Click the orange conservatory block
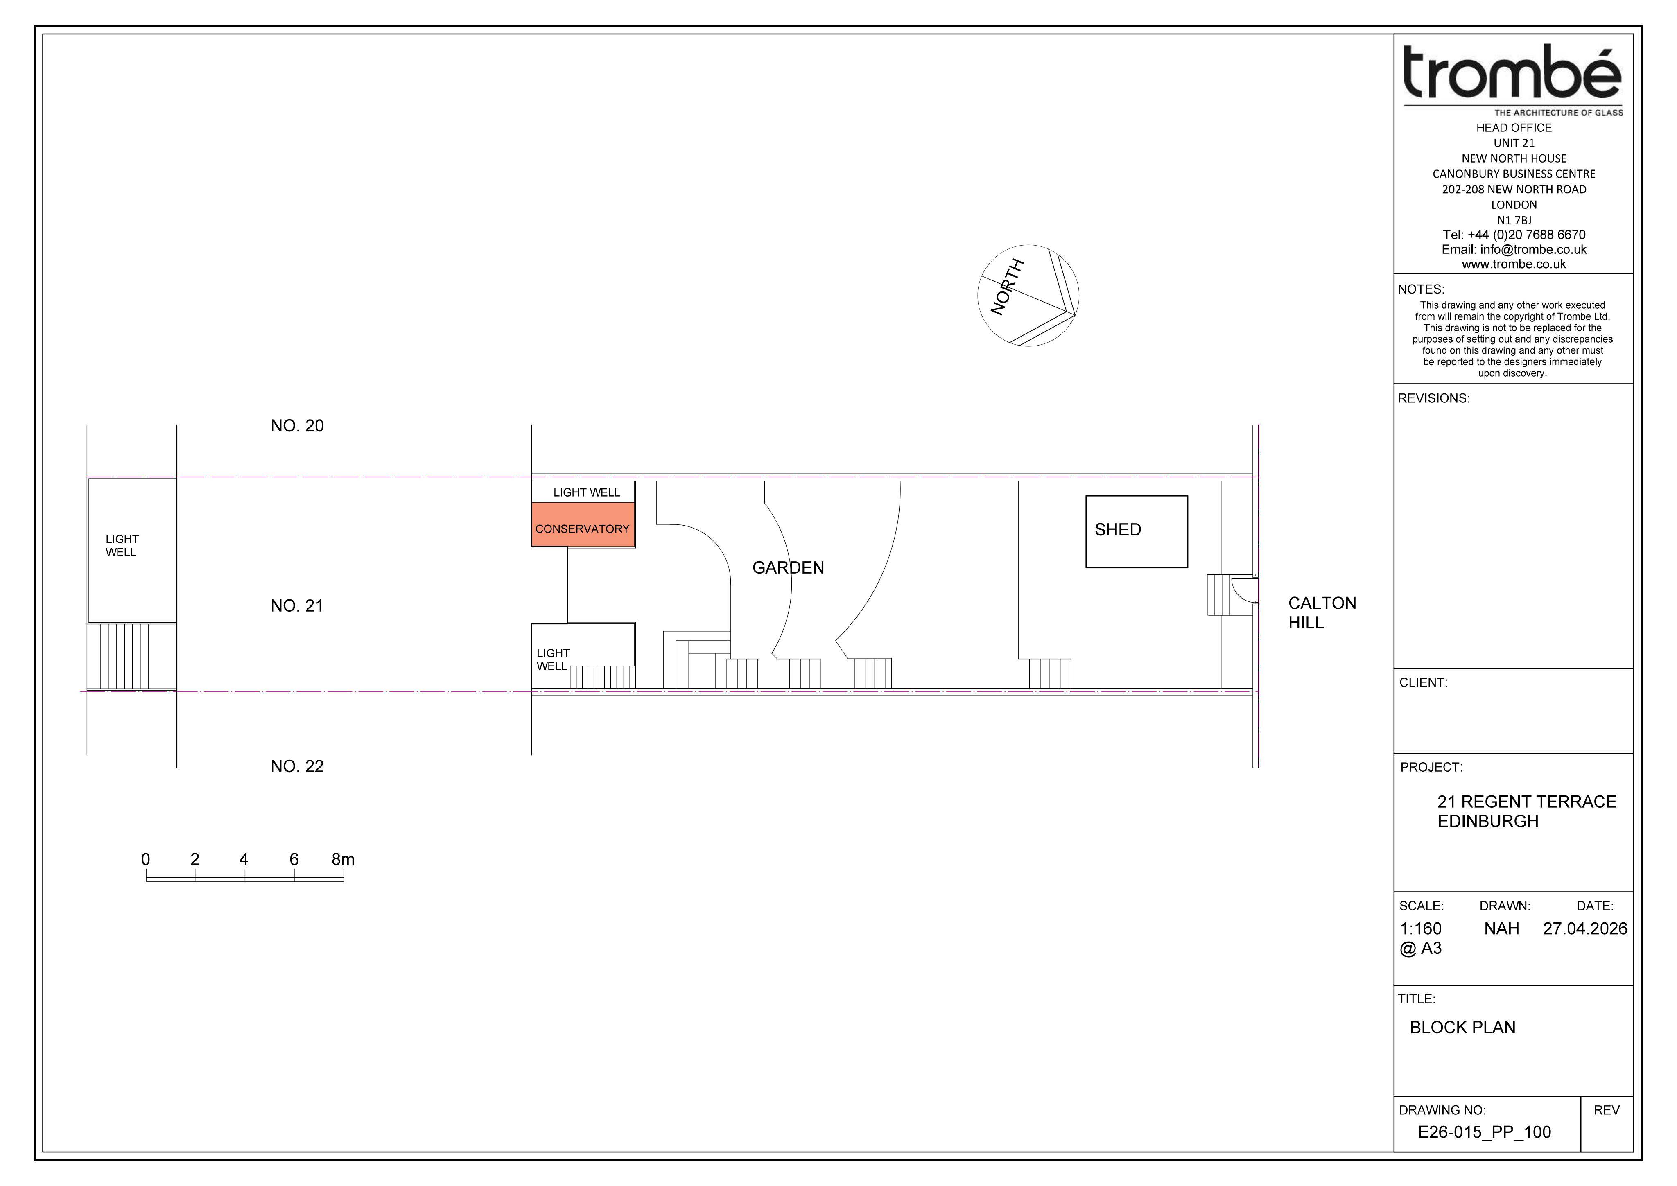click(x=583, y=524)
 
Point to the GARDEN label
click(x=788, y=567)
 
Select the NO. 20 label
click(x=297, y=426)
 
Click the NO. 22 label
click(x=297, y=766)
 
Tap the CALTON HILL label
click(x=1322, y=613)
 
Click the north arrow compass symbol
click(x=1028, y=296)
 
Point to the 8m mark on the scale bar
click(x=343, y=860)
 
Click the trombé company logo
click(x=1513, y=79)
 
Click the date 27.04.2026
click(x=1585, y=929)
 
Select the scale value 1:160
click(x=1421, y=929)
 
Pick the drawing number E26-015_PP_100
click(x=1484, y=1132)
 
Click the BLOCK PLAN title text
click(x=1462, y=1028)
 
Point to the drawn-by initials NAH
click(x=1502, y=929)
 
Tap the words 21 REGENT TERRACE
click(x=1527, y=802)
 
